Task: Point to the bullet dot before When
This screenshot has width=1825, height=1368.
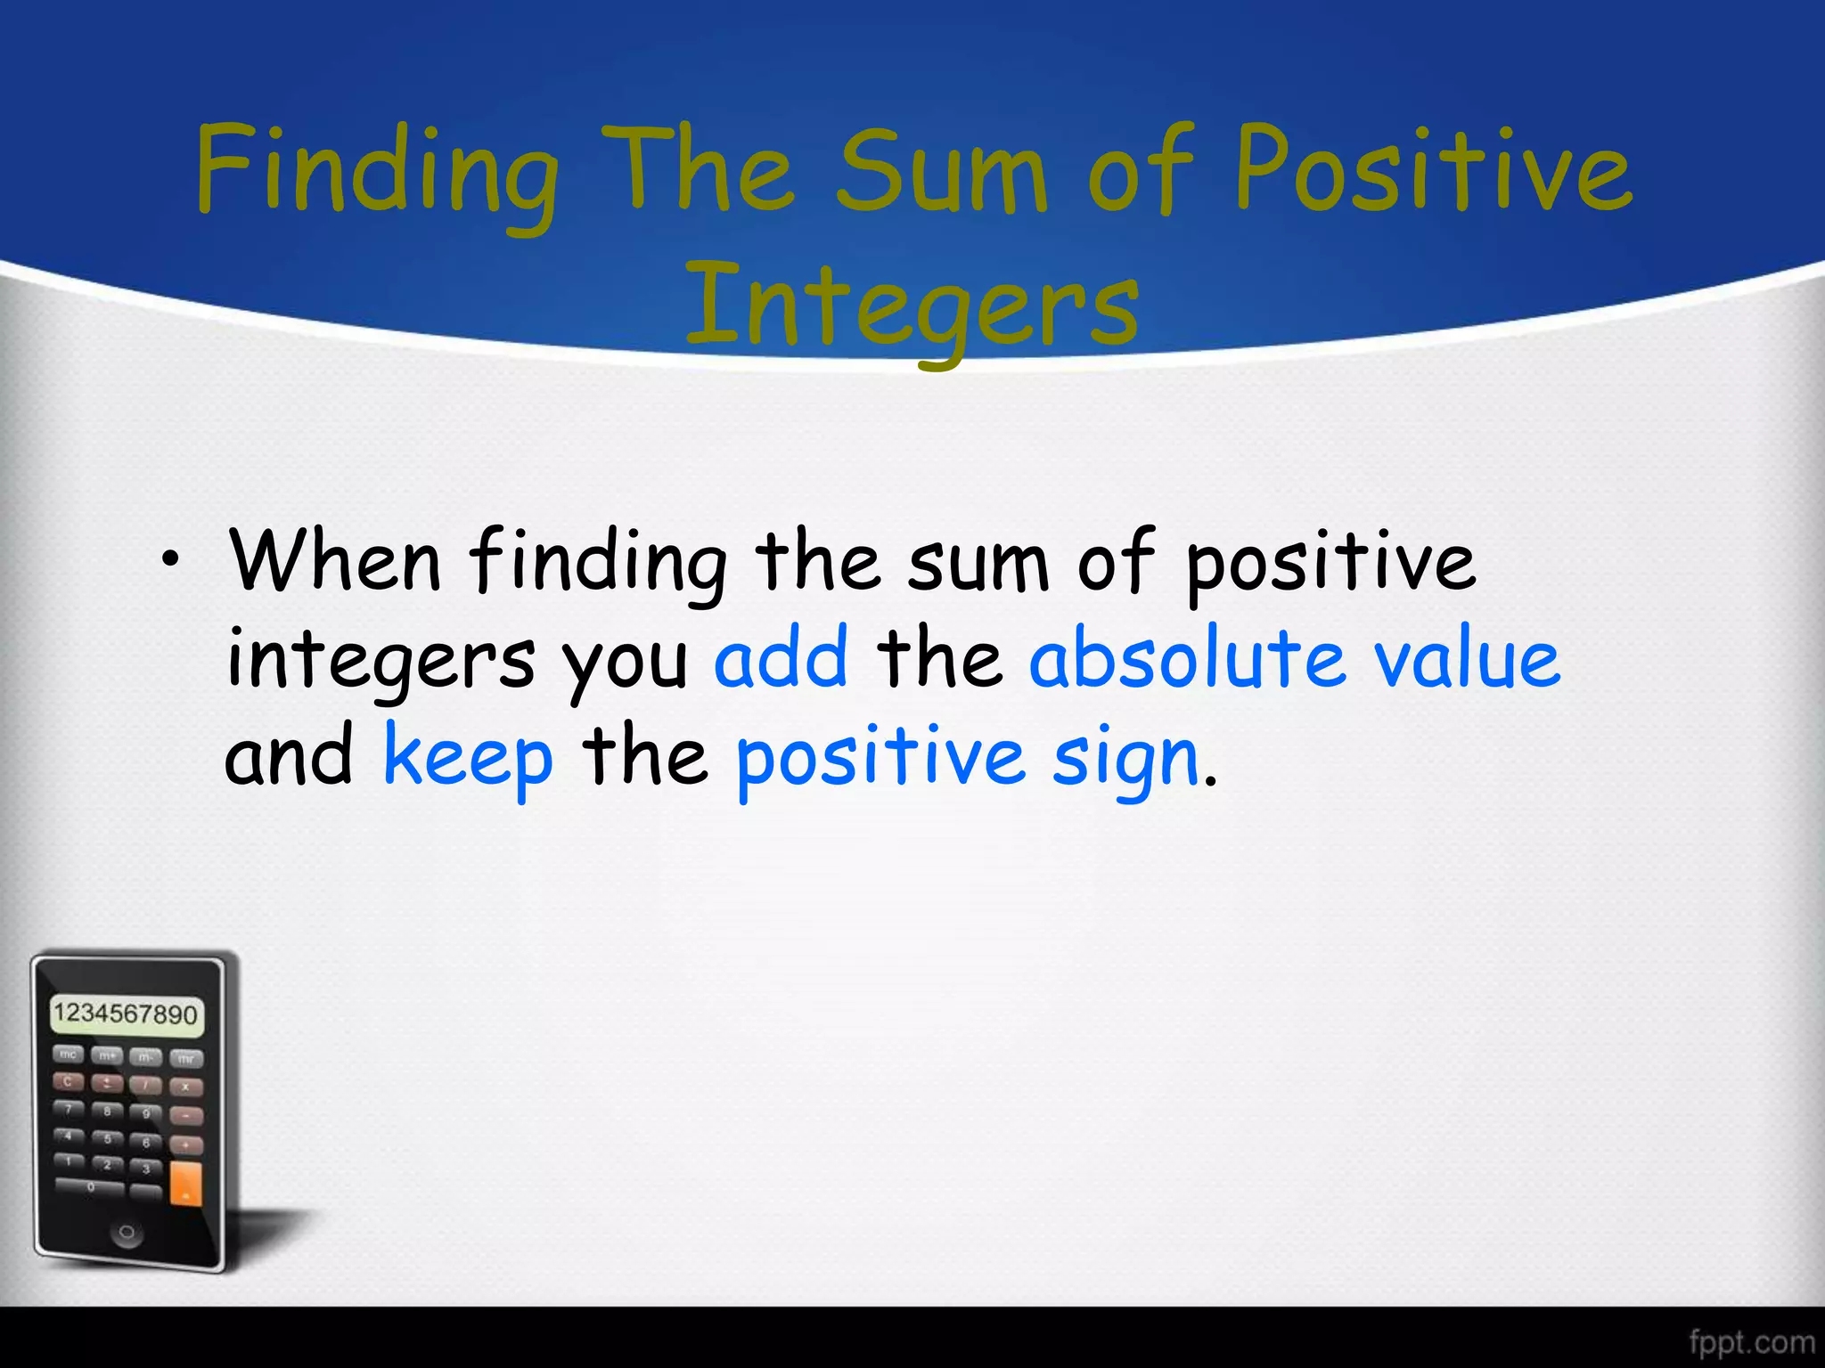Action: tap(168, 560)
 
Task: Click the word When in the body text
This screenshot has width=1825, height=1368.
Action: tap(335, 561)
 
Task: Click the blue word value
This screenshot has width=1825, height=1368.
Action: tap(1467, 659)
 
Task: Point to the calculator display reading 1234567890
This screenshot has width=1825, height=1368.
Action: tap(126, 1014)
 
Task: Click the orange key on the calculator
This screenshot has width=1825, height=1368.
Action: tap(185, 1184)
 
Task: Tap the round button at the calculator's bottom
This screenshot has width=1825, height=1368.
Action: tap(127, 1233)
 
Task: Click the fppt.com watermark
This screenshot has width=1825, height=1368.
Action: tap(1750, 1341)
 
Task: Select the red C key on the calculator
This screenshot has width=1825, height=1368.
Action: tap(68, 1081)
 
